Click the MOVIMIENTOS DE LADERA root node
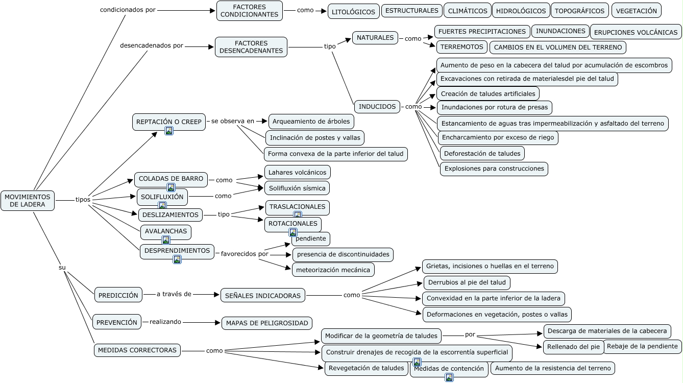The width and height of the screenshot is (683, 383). pos(28,201)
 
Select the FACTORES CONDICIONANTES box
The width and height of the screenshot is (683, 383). pos(249,11)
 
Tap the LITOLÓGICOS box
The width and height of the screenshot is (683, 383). pos(353,11)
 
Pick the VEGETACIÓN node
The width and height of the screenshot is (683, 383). pos(636,10)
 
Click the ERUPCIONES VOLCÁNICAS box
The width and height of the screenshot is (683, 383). pos(636,32)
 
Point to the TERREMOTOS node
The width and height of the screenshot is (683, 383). pos(461,47)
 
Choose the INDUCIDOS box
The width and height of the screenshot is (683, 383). pos(377,107)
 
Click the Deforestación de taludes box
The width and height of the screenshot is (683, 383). pos(482,153)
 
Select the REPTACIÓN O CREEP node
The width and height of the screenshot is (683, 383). pos(169,122)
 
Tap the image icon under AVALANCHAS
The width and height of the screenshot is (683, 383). pos(166,240)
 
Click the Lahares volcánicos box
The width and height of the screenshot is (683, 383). pos(297,172)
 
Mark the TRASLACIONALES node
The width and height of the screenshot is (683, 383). pos(297,207)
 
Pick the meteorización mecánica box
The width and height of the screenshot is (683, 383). pos(333,270)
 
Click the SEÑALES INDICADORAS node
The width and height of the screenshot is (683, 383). pos(263,295)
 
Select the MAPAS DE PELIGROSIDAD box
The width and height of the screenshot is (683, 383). pos(267,323)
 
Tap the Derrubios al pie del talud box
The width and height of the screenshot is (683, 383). pos(467,282)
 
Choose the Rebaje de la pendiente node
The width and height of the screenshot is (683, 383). pos(642,346)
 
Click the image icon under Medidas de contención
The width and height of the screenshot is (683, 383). pos(449,378)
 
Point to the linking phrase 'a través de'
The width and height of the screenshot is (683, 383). pos(174,294)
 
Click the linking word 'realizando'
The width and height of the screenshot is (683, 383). pos(165,322)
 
